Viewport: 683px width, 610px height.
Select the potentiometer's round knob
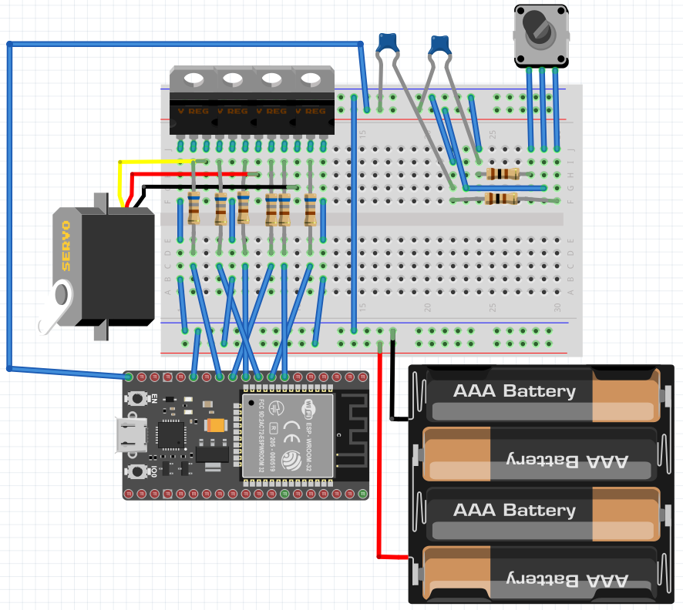coord(540,30)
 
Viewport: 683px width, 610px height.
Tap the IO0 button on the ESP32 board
coord(138,471)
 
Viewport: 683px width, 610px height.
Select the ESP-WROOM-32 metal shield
coord(288,434)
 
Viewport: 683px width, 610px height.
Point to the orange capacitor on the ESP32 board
coord(217,424)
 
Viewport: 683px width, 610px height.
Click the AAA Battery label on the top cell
coord(514,391)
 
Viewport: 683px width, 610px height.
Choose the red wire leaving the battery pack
coord(380,462)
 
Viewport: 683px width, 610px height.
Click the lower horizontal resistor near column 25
coord(501,199)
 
